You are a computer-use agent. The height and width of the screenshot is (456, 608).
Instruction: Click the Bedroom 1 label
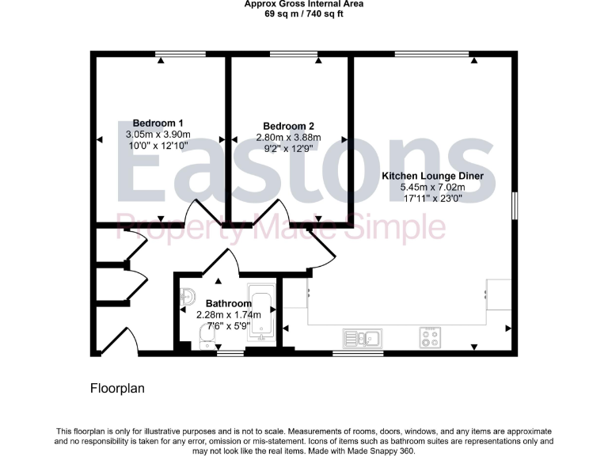[x=158, y=123]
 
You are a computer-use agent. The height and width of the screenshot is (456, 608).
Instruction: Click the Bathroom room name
[x=229, y=303]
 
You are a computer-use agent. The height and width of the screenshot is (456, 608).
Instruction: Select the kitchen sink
[x=362, y=338]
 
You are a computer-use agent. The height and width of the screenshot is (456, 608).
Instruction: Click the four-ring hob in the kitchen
[x=431, y=338]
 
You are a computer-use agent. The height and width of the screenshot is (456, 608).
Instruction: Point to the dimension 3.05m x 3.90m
[x=158, y=135]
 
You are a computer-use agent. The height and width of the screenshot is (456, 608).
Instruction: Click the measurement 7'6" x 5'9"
[x=229, y=325]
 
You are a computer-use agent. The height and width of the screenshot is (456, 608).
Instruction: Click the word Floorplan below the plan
[x=116, y=389]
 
